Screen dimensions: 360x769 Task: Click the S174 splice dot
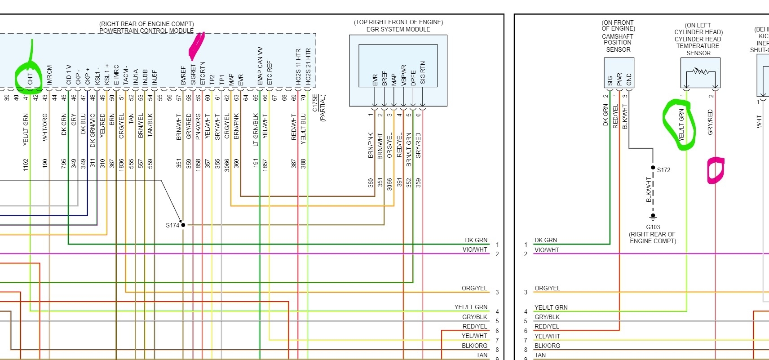pos(183,225)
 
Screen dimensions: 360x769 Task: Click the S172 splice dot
pos(653,168)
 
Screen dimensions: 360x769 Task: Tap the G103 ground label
pos(653,227)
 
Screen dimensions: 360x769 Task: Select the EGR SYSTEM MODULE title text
pos(398,29)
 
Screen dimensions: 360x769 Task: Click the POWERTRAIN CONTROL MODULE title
pos(146,31)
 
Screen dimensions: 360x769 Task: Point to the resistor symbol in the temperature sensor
pos(700,71)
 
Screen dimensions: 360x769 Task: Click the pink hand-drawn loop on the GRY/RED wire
pos(715,170)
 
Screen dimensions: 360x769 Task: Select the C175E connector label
pos(315,103)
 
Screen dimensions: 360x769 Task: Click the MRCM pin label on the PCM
pos(49,75)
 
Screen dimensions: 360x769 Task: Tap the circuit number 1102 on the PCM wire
pos(26,164)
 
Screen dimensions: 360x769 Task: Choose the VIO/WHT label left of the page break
pos(474,249)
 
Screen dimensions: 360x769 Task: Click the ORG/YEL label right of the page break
pos(547,288)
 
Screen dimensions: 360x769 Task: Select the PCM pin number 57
pos(179,97)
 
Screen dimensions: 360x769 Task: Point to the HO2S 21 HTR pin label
pos(308,67)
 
